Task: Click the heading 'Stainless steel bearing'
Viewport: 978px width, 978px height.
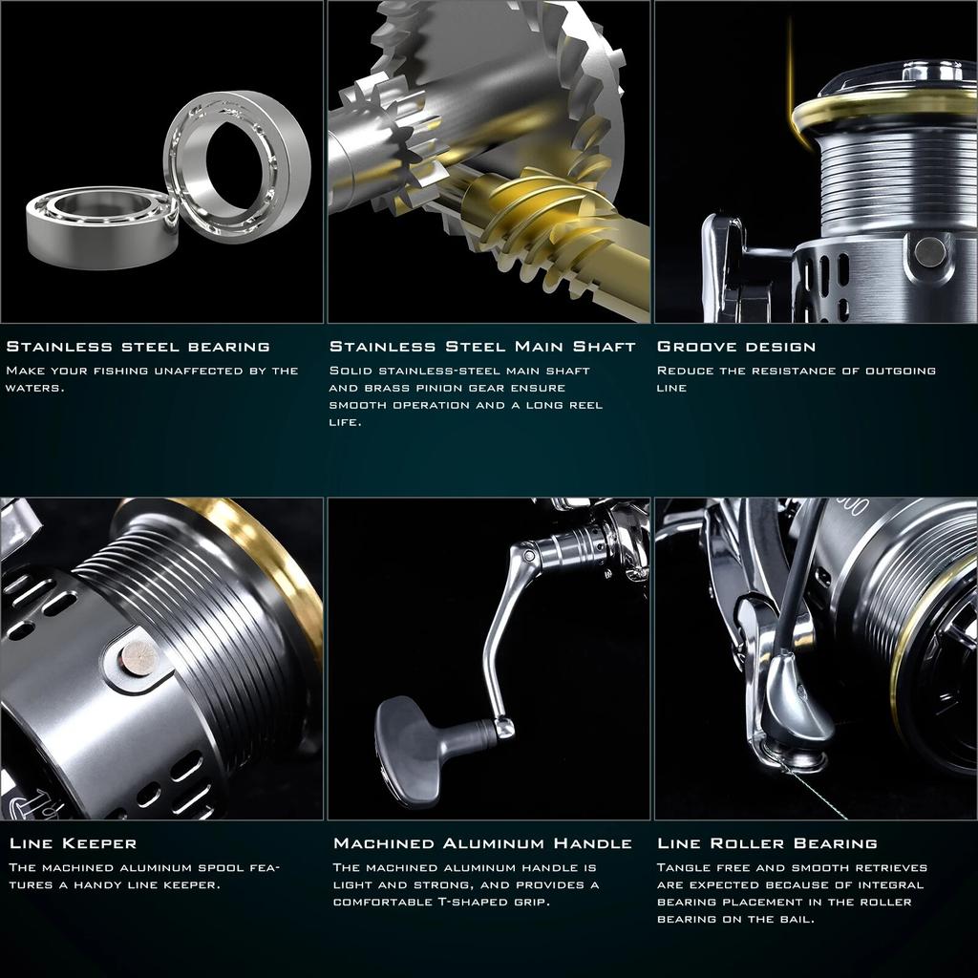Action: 138,347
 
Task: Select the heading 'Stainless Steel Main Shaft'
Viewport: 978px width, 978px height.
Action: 482,347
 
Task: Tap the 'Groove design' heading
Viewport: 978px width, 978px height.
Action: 736,347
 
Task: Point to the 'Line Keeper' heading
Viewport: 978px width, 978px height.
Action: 73,843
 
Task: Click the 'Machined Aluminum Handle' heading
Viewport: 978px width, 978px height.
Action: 482,843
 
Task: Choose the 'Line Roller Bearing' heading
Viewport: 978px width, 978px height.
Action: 767,843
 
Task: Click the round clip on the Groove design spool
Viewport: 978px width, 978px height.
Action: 928,251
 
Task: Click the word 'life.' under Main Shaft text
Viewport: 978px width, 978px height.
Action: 346,422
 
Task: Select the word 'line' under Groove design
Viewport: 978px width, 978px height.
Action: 671,388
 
